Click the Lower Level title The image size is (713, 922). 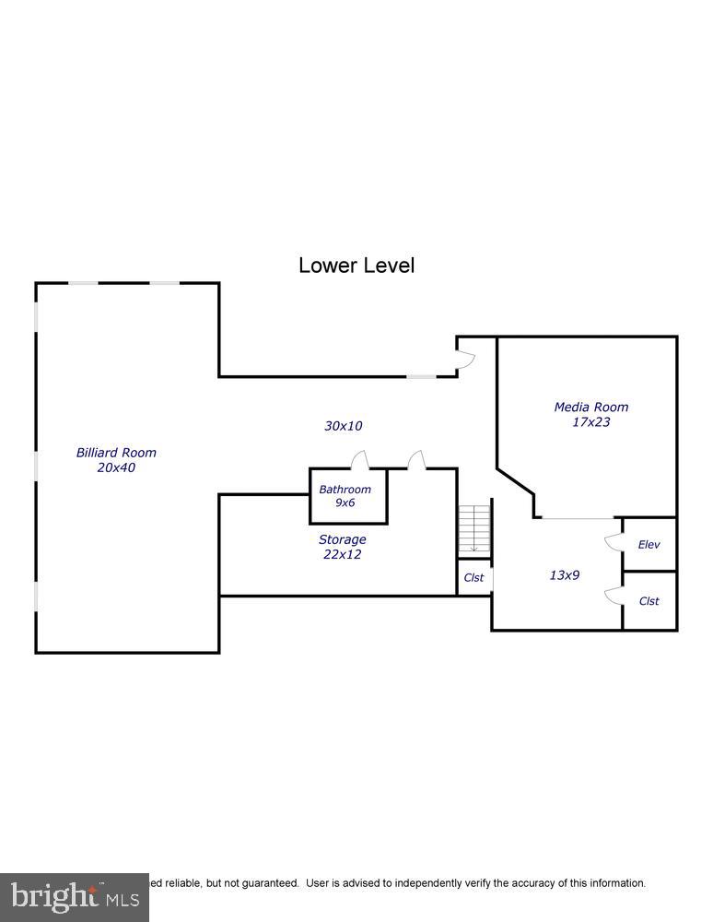[356, 266]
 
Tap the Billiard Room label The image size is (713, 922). [116, 453]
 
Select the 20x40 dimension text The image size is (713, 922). [116, 467]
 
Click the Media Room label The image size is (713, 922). [591, 407]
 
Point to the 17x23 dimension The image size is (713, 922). [591, 422]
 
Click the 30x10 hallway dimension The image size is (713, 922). [344, 426]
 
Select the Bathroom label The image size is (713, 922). [345, 490]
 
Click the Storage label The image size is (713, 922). [343, 539]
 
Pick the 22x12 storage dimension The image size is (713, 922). [342, 555]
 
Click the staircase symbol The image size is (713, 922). [473, 530]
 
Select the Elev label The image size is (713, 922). [649, 545]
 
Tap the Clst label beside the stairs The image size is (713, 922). [473, 578]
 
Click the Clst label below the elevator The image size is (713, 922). [649, 601]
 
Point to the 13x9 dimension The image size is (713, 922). [565, 575]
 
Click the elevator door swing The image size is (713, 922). [613, 543]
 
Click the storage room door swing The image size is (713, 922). [415, 460]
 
